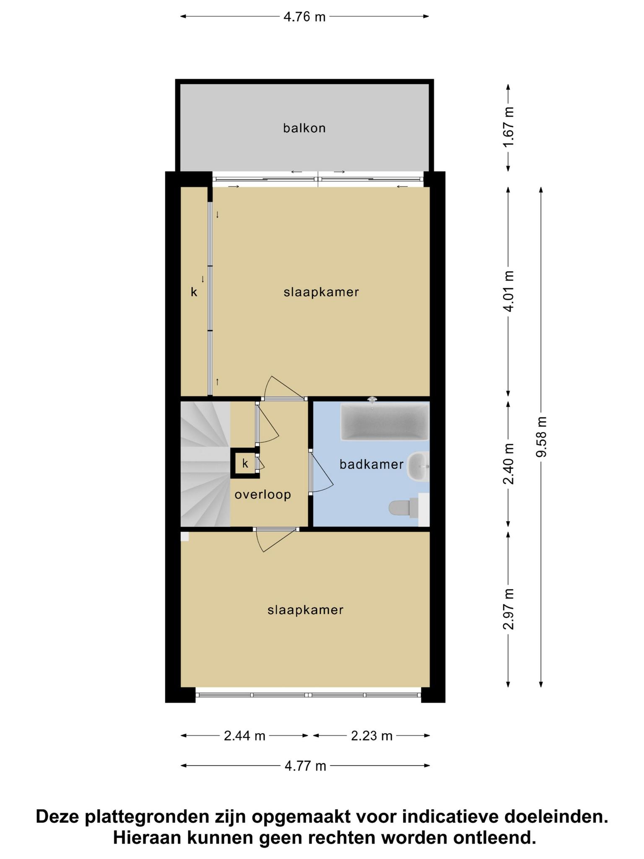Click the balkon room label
pyautogui.click(x=304, y=128)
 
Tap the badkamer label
pyautogui.click(x=371, y=464)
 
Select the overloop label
pyautogui.click(x=263, y=495)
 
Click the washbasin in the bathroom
pyautogui.click(x=418, y=466)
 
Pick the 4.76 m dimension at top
pyautogui.click(x=304, y=17)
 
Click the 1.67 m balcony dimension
pyautogui.click(x=509, y=127)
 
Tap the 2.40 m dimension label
pyautogui.click(x=509, y=464)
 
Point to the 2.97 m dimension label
pyautogui.click(x=509, y=609)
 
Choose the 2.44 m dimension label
pyautogui.click(x=244, y=736)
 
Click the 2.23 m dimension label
pyautogui.click(x=371, y=736)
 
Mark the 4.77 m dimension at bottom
pyautogui.click(x=305, y=766)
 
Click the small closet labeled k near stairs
pyautogui.click(x=245, y=463)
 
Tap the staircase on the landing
pyautogui.click(x=205, y=464)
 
